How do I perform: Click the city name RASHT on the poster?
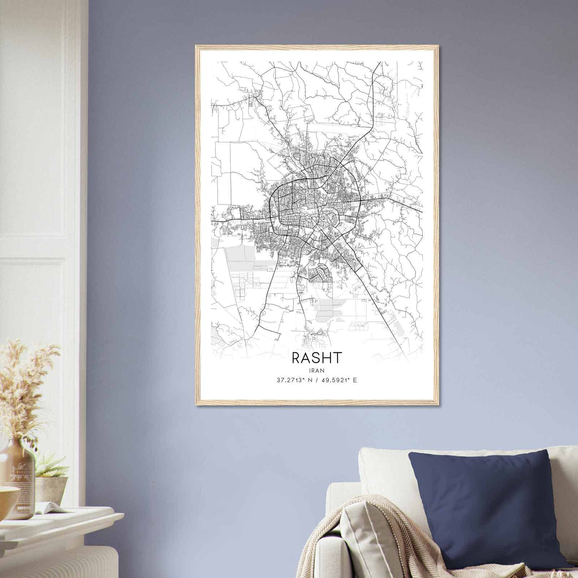[316, 358]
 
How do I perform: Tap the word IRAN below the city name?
[316, 370]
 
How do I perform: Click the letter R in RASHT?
[296, 358]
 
